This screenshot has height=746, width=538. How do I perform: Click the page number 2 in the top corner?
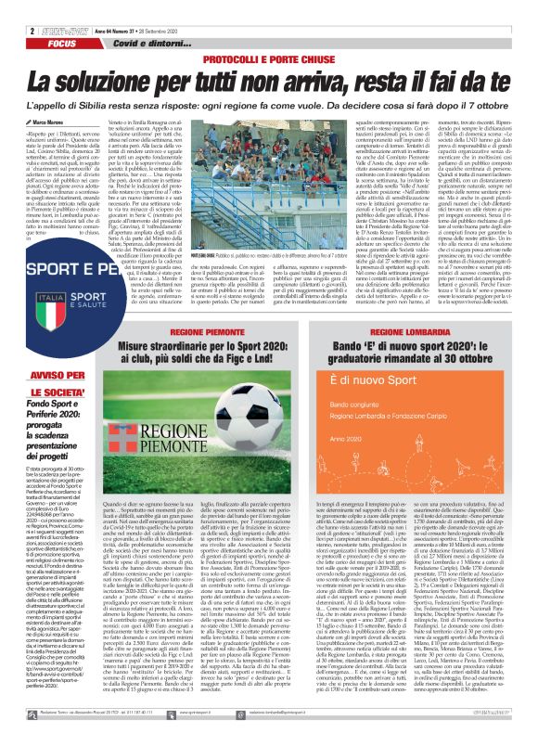[x=7, y=6]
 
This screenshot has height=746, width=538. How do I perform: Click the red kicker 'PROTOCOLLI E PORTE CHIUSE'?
[x=269, y=33]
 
